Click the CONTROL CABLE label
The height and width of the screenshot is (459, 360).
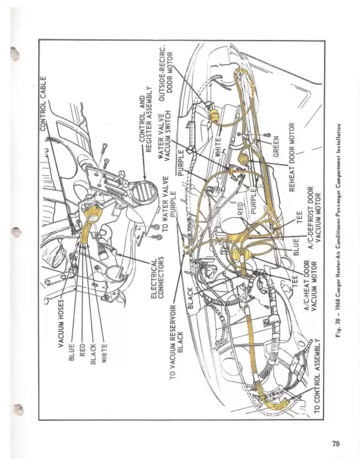click(43, 103)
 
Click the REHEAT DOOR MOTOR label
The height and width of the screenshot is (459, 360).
click(292, 156)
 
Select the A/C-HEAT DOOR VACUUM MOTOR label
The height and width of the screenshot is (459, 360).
click(310, 285)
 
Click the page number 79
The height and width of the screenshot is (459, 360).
click(336, 443)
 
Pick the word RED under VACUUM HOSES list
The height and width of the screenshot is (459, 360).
click(82, 349)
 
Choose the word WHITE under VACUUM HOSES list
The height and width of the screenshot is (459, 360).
click(104, 349)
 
